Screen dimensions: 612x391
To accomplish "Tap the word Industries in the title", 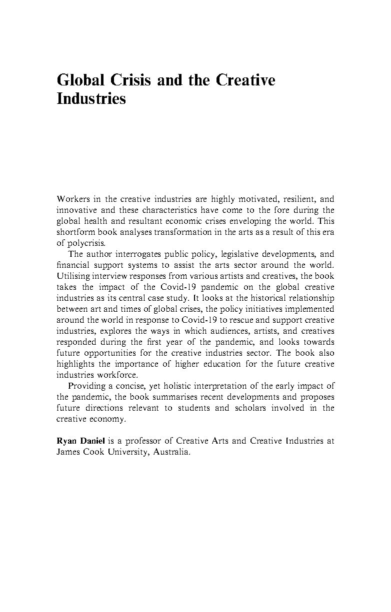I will coord(91,98).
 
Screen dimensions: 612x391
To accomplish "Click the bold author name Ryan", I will coord(65,441).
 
